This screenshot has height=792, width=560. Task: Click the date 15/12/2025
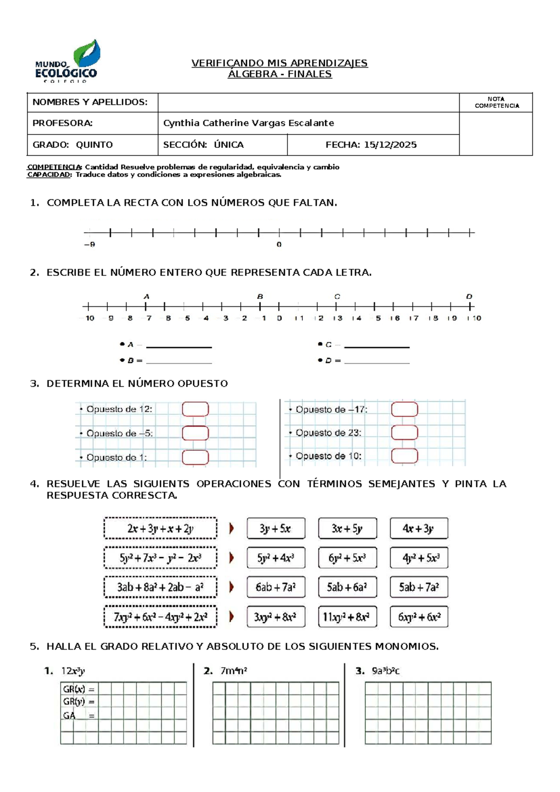390,145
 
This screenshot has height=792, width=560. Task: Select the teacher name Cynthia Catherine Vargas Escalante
248,123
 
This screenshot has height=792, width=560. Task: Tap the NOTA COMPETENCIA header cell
496,103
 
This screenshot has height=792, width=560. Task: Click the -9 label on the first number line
90,244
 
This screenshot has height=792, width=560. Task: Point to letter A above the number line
147,297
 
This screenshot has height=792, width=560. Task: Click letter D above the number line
469,297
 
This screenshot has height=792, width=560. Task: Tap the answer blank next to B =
179,361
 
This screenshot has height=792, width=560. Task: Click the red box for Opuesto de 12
195,409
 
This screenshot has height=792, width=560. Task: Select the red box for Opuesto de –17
404,410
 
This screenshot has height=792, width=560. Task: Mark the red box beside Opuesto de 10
404,456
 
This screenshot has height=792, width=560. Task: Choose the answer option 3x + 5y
347,529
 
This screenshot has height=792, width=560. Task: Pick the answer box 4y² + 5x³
419,558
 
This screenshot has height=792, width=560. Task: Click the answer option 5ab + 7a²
419,587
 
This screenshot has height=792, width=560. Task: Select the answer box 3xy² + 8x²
276,617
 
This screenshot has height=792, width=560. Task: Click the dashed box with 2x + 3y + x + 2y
160,529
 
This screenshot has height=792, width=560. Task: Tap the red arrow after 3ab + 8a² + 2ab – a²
231,587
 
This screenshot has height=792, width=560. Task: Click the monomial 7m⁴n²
233,671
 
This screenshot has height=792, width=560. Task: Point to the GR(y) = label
78,701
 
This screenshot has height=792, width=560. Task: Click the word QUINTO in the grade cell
94,145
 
